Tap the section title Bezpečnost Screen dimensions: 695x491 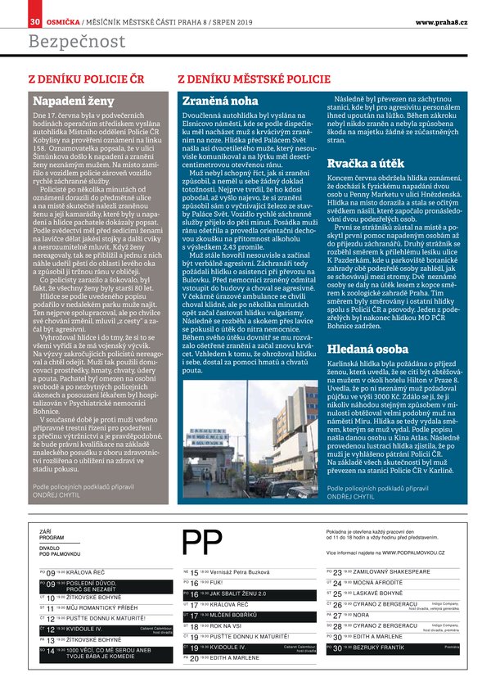(x=77, y=41)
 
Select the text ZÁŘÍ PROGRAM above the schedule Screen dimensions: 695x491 (x=52, y=535)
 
